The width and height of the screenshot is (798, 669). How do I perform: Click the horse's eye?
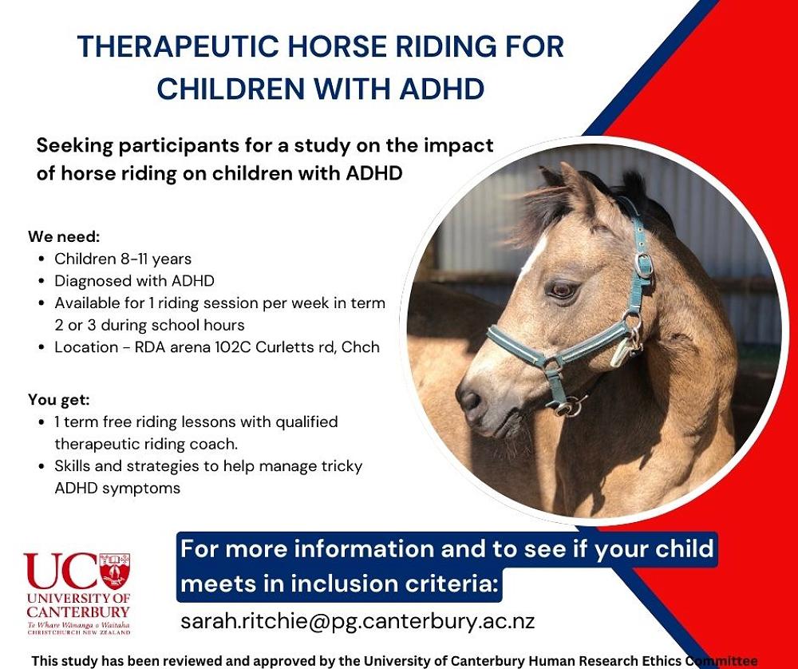pos(563,291)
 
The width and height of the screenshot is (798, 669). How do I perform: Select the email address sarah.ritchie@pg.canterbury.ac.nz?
pos(358,622)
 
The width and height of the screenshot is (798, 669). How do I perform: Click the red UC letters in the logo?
pos(61,572)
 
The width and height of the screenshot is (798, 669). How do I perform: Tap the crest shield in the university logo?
pos(114,571)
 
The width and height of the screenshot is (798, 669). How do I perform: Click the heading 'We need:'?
pos(64,237)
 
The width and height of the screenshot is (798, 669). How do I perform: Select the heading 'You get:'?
pos(59,400)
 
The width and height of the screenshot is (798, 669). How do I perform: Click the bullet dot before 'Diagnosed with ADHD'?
pos(41,282)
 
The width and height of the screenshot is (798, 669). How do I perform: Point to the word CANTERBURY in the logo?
pos(78,612)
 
